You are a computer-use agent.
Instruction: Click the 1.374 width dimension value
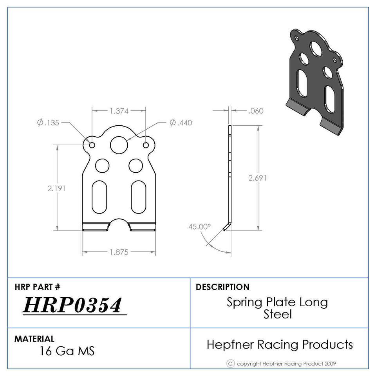point(119,111)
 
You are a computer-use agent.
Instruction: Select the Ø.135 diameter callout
point(48,123)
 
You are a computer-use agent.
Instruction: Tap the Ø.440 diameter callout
point(181,123)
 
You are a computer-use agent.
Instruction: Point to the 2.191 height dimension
point(57,188)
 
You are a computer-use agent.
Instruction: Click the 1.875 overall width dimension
point(119,252)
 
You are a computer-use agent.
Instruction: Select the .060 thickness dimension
point(256,111)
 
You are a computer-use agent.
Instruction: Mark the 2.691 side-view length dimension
point(258,178)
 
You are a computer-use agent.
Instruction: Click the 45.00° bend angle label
point(200,227)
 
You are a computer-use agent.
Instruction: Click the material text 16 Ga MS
point(67,351)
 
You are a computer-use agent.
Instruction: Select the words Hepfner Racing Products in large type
point(280,344)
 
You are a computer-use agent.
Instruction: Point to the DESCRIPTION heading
point(222,287)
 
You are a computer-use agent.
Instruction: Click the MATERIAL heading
point(34,339)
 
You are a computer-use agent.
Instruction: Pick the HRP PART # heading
point(38,287)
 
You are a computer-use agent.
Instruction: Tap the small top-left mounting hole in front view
point(92,145)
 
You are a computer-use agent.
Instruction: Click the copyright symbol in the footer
point(231,363)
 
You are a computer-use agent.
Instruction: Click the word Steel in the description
point(278,314)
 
